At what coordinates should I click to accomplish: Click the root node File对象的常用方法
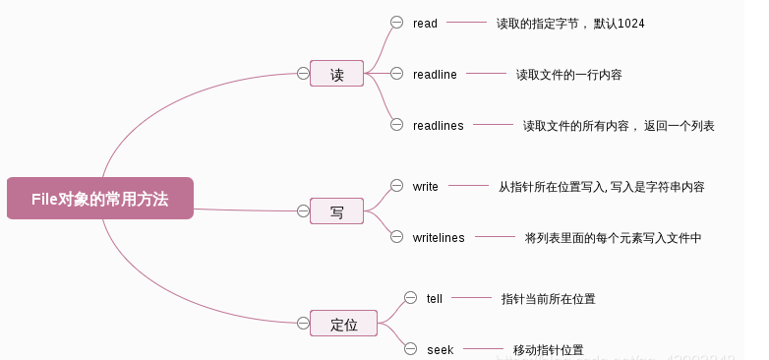coord(99,198)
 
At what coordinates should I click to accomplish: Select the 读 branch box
coord(336,74)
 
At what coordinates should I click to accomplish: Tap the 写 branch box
coord(336,210)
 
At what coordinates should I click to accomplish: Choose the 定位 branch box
coord(343,323)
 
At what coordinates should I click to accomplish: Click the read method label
coord(425,23)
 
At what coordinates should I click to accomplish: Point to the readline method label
coord(435,74)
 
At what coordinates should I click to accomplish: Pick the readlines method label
coord(438,125)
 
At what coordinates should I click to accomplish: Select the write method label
coord(426,186)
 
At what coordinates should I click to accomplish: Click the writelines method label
coord(439,237)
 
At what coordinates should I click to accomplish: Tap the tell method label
coord(435,298)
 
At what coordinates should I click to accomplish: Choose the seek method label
coord(440,349)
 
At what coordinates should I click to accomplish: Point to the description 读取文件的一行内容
coord(568,74)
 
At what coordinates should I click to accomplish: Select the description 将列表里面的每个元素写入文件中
coord(613,237)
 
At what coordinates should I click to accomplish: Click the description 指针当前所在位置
coord(548,298)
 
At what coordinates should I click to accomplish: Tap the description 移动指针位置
coord(548,349)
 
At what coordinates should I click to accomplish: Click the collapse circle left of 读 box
coord(303,73)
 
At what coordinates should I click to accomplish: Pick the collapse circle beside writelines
coord(396,236)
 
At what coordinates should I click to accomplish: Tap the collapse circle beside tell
coord(410,297)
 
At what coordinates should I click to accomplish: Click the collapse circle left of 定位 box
coord(303,322)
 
